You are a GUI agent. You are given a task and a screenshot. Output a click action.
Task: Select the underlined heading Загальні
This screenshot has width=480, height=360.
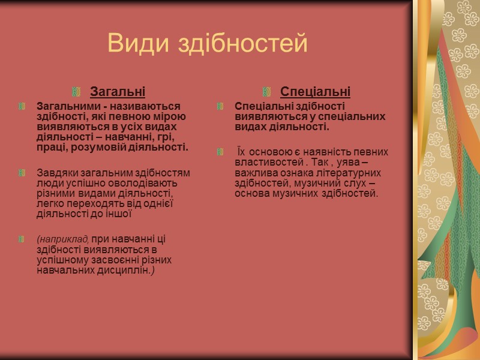(x=118, y=92)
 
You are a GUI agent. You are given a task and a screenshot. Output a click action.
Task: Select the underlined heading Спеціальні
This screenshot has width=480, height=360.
(x=315, y=92)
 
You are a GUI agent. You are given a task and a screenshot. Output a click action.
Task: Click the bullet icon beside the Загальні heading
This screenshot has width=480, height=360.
(x=77, y=92)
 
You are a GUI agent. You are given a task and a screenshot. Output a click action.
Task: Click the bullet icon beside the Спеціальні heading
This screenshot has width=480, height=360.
(x=268, y=92)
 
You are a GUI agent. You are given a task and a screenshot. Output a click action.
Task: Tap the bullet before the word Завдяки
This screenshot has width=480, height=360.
(x=22, y=173)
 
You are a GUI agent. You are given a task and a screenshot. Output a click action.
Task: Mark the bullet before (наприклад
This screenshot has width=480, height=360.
(x=22, y=239)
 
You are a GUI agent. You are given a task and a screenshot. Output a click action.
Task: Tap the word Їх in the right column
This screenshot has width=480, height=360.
(x=241, y=152)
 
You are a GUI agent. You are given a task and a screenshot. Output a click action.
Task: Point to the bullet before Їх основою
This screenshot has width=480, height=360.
(x=220, y=152)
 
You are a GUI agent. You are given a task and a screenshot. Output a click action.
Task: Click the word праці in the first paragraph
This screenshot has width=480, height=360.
(x=49, y=147)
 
